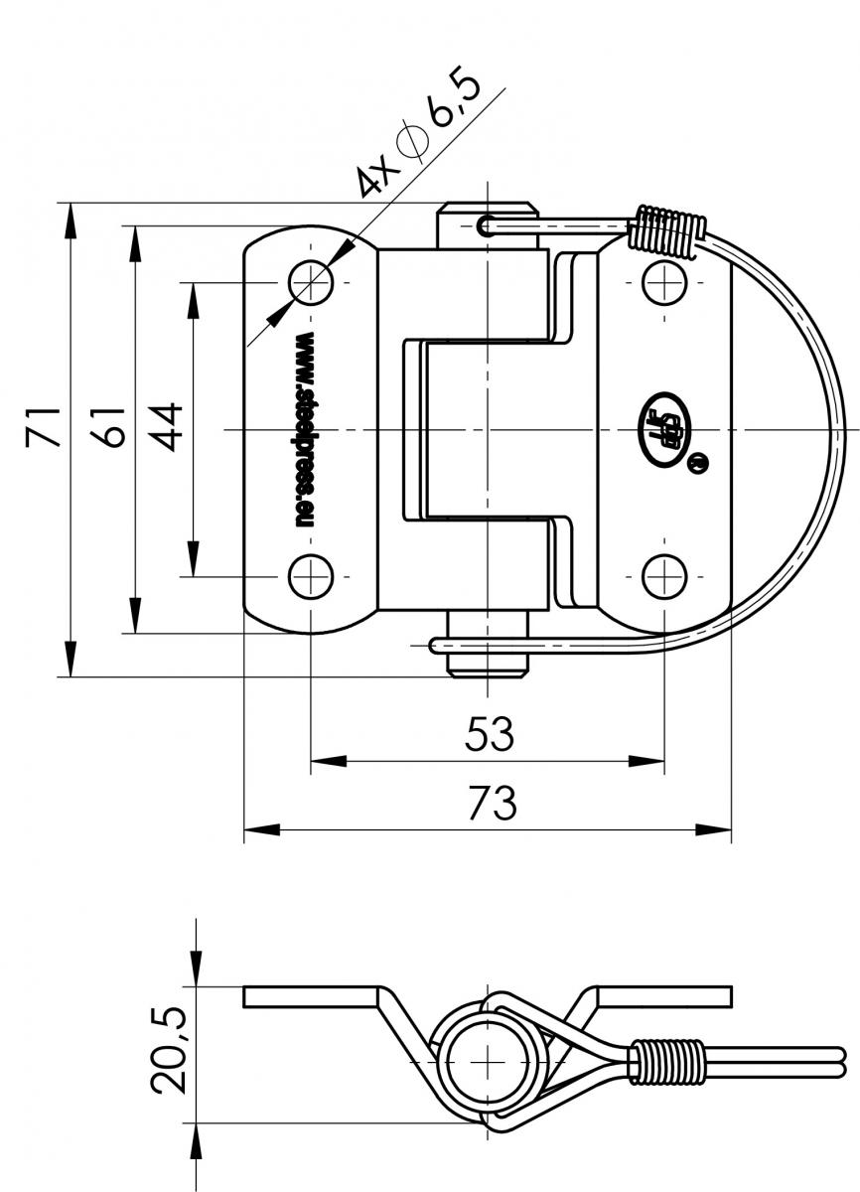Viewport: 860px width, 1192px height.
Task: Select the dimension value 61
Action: (110, 426)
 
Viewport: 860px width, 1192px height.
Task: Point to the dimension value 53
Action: (489, 735)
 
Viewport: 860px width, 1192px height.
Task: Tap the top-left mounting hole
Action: (311, 283)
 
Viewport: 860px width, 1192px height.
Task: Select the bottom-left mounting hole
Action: (311, 576)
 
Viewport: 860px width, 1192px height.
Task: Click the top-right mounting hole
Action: (662, 283)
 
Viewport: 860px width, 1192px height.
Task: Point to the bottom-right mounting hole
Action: (662, 576)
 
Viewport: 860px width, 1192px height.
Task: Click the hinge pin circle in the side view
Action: (487, 1060)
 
